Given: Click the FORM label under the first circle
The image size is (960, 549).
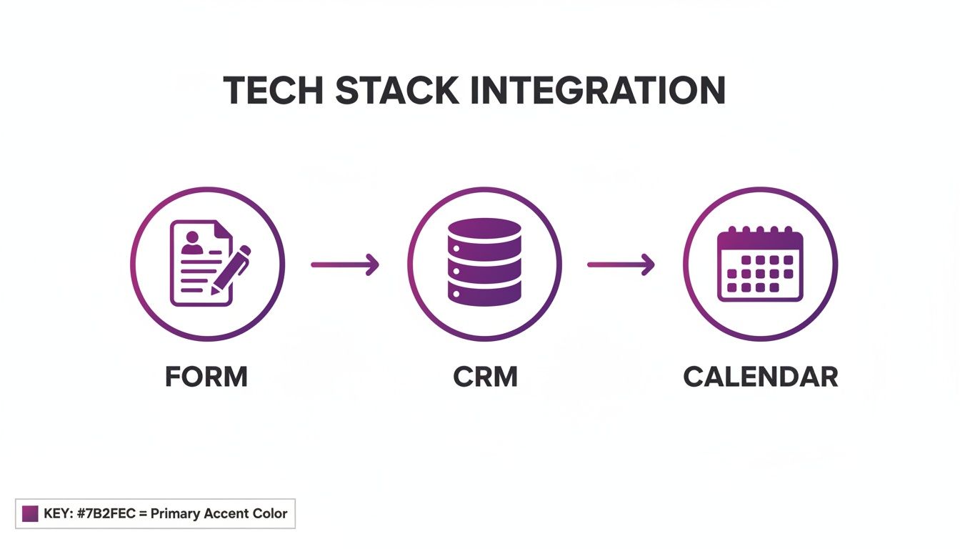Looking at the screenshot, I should [206, 377].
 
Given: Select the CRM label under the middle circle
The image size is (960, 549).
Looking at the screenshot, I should [485, 377].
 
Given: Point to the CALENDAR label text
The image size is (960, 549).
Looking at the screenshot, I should [761, 377].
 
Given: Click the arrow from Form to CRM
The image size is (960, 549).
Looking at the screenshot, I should [345, 264].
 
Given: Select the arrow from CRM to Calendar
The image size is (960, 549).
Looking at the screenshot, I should [621, 264].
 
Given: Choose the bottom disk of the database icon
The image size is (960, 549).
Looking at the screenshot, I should [484, 290].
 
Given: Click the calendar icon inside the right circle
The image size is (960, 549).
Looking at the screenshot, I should [760, 264].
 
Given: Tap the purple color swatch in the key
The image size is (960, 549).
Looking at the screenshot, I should [30, 513].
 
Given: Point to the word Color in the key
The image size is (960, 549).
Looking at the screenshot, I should [269, 513].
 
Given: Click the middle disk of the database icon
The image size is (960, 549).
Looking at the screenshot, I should [484, 264].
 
